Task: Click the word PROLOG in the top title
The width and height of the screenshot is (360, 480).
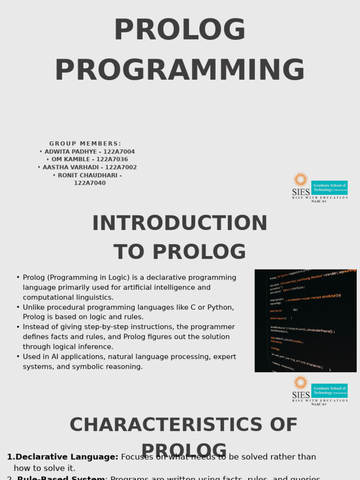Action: coord(180,30)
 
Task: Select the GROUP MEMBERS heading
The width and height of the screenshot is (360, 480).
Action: coord(85,144)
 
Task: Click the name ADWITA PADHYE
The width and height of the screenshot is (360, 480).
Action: coord(67,152)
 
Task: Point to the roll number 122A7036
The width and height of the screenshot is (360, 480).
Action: coord(112,159)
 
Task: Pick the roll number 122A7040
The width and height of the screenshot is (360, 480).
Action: coord(90,183)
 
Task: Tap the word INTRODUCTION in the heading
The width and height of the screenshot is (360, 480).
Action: coord(180,224)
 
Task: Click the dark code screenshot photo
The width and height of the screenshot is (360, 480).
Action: coord(305,321)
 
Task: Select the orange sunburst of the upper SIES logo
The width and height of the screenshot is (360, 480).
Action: coord(300,180)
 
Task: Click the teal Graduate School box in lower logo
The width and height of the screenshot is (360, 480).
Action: coord(329,390)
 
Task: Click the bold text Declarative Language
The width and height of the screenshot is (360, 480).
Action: coord(67,457)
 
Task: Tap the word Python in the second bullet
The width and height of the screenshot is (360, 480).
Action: coord(222,307)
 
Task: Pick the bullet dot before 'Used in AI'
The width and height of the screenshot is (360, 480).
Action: coord(18,357)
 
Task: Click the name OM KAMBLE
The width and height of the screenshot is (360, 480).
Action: coord(71,159)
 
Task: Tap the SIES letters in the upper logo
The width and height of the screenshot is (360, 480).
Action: coord(301,192)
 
